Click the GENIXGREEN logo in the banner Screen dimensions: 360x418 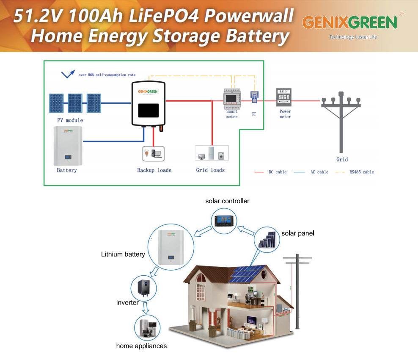pos(350,22)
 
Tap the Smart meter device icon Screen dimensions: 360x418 pos(231,99)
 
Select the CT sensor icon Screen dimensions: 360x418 pos(254,97)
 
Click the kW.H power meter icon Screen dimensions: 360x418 pos(284,97)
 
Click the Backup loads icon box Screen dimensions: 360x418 pos(153,154)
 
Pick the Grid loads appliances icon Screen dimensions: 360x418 pos(212,153)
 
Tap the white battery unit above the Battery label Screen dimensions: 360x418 pos(67,146)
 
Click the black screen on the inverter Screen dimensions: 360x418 pos(148,111)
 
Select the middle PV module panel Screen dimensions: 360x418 pos(75,103)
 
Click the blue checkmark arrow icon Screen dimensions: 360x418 pos(68,74)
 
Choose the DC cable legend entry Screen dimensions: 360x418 pos(271,172)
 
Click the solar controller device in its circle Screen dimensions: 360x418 pos(224,220)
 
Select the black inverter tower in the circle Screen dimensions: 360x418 pos(144,288)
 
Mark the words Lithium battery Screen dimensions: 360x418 pos(123,255)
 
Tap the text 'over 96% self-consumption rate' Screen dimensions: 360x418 pos(107,75)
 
